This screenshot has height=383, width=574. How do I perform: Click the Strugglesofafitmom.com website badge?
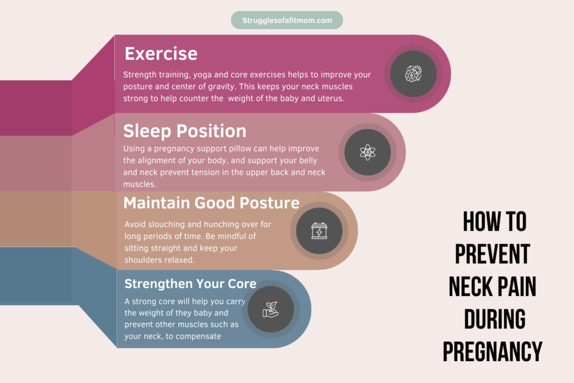287,20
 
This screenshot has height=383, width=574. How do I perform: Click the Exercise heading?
161,54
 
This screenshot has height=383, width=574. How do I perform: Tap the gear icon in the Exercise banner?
413,73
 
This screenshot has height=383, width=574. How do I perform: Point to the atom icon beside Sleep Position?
368,152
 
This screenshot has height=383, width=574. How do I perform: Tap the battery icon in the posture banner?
319,230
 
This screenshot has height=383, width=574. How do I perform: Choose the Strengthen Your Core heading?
191,284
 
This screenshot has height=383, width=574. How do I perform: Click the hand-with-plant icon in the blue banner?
271,310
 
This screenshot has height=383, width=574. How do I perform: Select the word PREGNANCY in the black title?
493,352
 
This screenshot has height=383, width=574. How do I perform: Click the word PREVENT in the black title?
493,254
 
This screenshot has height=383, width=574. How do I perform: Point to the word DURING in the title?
495,319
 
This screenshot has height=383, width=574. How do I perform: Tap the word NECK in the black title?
470,287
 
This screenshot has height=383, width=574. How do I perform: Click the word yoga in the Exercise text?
202,75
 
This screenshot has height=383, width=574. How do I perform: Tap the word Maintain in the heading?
156,203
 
